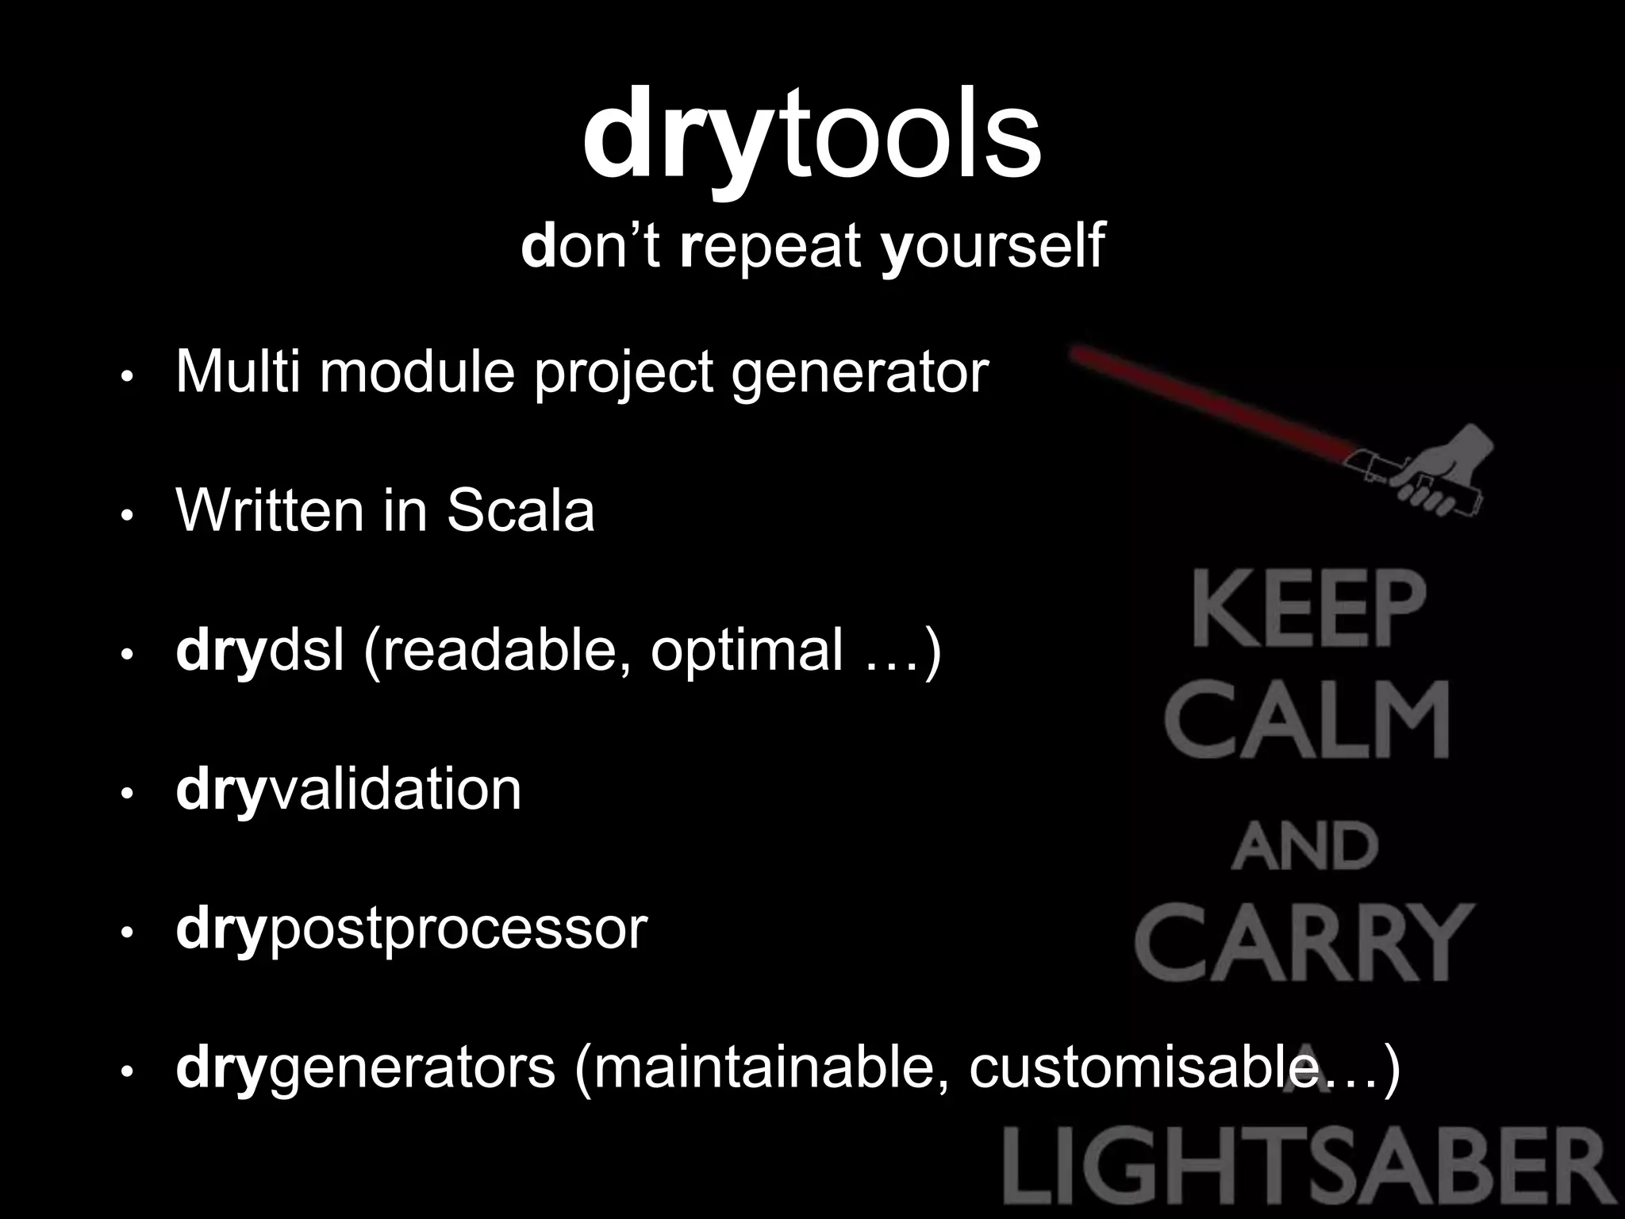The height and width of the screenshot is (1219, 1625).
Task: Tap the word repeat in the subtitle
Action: point(770,245)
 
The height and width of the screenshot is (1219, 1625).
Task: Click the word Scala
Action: point(520,510)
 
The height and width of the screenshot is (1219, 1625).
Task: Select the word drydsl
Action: point(260,649)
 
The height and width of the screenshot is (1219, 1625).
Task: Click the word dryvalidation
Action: point(348,789)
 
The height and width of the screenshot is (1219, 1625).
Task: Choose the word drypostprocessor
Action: point(411,929)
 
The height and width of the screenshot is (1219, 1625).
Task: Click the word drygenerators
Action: point(365,1068)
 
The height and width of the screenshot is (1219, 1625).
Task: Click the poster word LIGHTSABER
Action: point(1309,1169)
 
